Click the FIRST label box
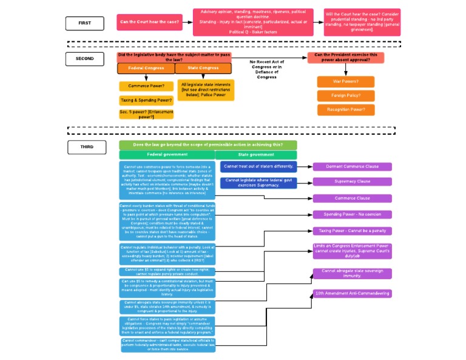(85, 23)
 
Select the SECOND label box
(85, 59)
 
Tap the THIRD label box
(87, 147)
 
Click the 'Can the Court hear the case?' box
(149, 22)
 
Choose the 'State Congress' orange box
(203, 69)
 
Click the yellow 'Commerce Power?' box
(143, 86)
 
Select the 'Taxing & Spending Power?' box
(143, 100)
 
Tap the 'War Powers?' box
(345, 81)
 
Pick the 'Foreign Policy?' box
(345, 96)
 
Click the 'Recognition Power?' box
(345, 110)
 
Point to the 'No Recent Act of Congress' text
(266, 69)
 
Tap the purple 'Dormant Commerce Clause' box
(352, 166)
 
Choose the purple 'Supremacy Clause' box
(352, 182)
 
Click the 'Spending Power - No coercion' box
(352, 214)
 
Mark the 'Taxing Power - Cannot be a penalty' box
(352, 231)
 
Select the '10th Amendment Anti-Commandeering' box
(352, 293)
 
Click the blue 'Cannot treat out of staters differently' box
(258, 166)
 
